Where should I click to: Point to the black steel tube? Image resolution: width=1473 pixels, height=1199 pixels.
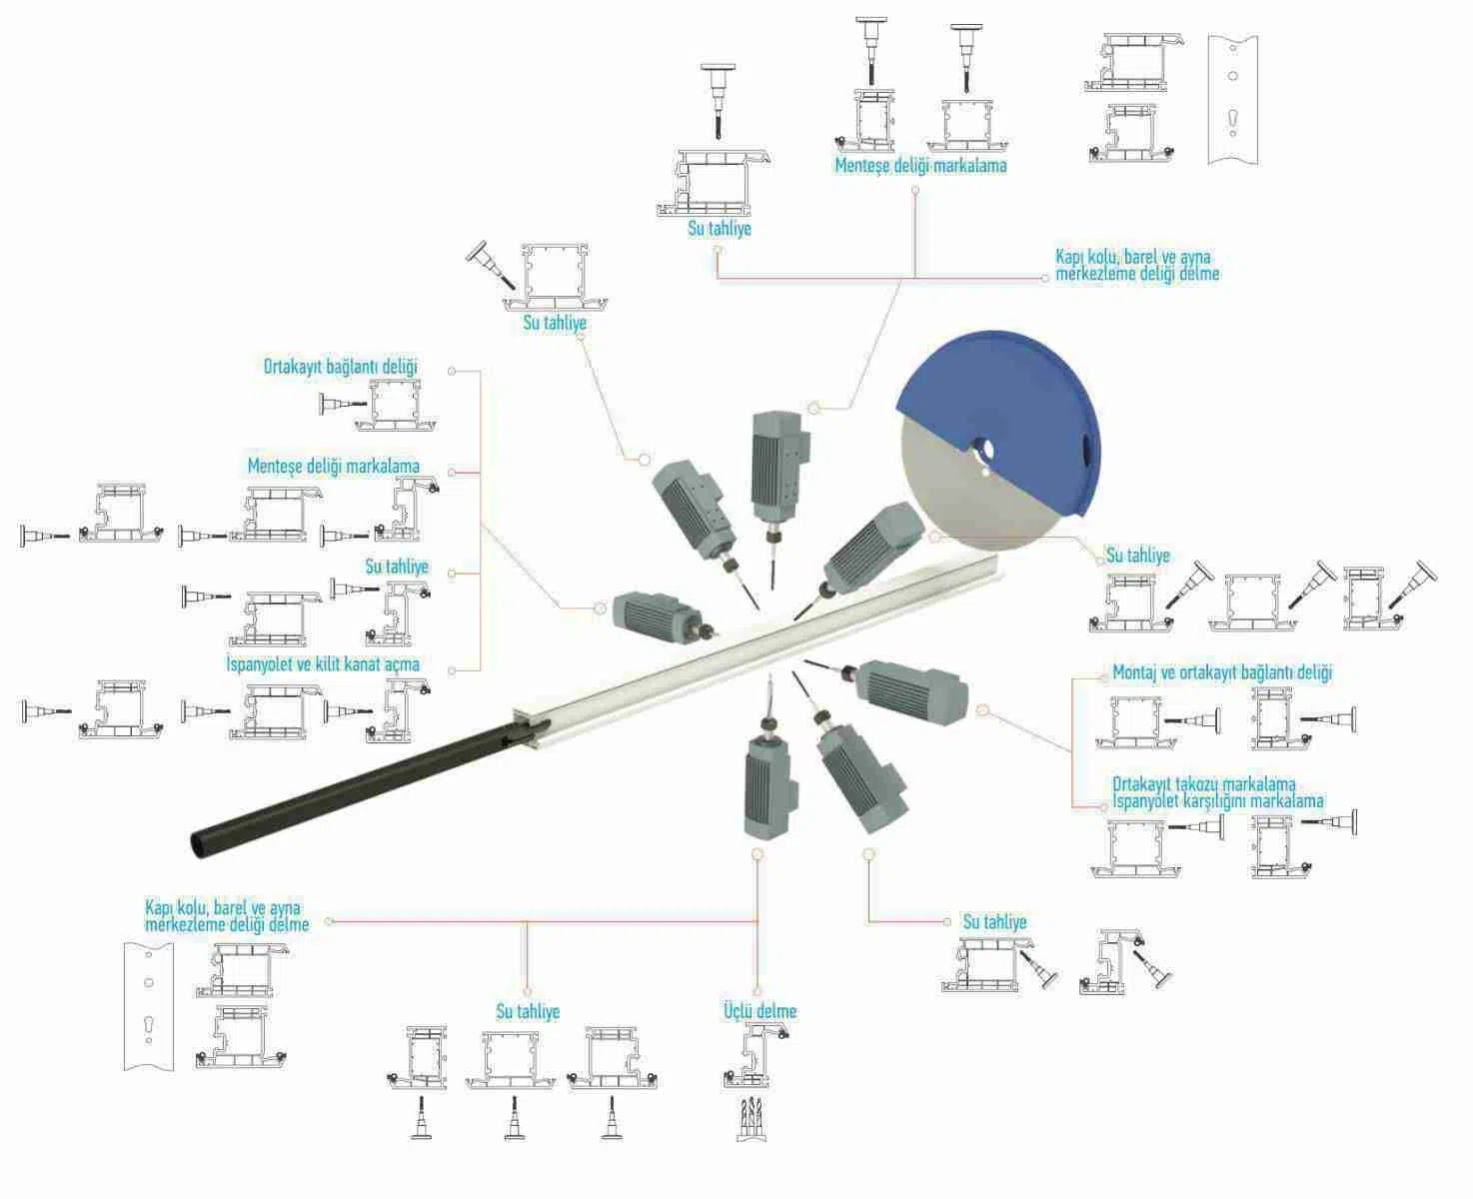353,788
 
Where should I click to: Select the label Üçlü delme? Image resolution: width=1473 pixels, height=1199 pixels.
760,1011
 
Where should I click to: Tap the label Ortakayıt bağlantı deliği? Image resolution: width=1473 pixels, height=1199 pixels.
341,367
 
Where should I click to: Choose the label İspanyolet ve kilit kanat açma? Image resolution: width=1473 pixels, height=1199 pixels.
323,663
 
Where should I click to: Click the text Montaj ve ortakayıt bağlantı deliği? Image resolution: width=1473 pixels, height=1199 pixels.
1222,672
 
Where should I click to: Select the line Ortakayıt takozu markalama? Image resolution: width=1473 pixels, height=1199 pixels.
1204,784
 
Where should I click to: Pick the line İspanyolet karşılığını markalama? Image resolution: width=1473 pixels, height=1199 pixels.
1218,800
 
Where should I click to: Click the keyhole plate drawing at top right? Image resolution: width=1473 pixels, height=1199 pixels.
1233,100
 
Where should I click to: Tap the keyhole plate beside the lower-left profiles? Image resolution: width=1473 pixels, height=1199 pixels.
149,1007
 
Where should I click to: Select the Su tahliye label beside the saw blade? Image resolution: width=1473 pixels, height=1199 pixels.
1137,556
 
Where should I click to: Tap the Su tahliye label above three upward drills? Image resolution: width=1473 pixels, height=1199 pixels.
528,1011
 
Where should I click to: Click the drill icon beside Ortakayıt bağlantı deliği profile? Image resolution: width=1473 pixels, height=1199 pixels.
343,403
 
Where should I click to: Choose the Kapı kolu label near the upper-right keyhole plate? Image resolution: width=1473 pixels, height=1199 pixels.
1137,266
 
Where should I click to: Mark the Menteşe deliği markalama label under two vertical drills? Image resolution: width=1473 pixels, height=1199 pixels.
920,166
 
